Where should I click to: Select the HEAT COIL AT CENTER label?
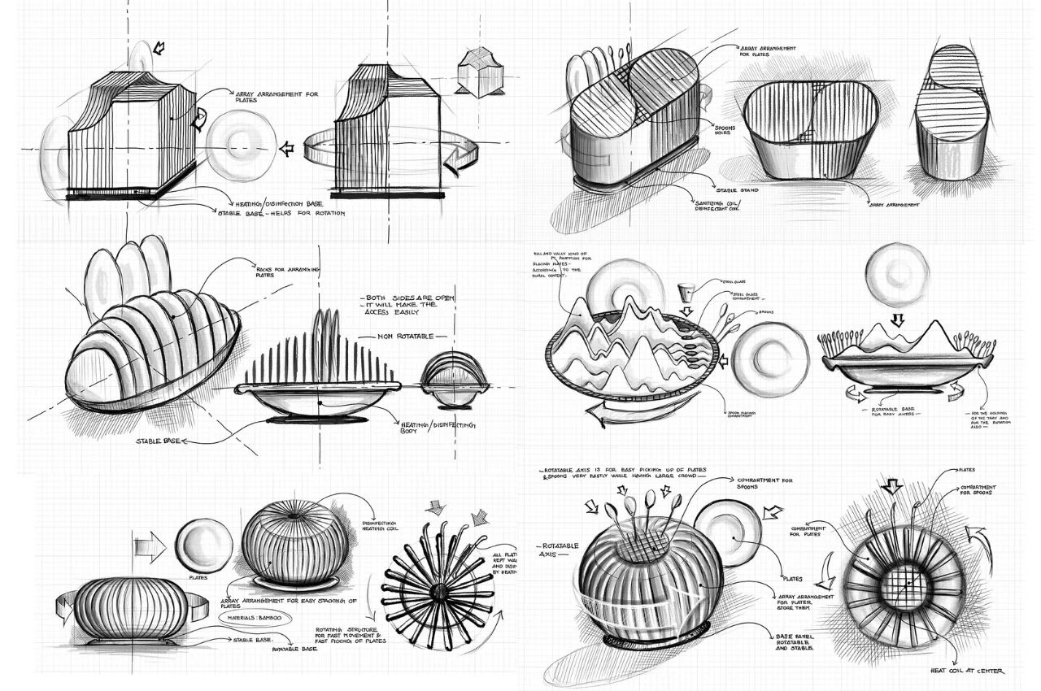coord(967,671)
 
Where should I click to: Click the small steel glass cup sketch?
coord(686,291)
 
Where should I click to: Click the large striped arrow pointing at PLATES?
coord(150,546)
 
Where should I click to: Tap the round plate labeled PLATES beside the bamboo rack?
coord(203,545)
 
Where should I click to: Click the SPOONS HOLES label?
coord(725,132)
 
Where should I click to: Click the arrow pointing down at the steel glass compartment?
coord(684,311)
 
